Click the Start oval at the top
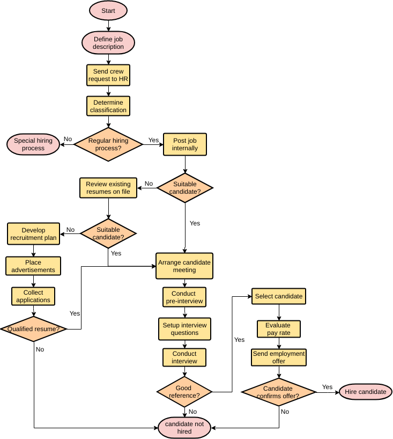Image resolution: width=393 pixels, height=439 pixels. click(108, 11)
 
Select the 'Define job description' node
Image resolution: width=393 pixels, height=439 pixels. click(108, 43)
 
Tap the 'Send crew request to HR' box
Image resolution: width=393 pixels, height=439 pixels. click(108, 75)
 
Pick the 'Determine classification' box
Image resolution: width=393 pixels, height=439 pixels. click(108, 106)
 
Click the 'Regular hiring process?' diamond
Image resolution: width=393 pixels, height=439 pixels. click(108, 144)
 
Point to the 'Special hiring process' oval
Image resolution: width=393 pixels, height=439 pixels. click(33, 144)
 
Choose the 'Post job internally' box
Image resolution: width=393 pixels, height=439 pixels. click(185, 144)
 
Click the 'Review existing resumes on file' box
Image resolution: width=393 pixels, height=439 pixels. click(108, 188)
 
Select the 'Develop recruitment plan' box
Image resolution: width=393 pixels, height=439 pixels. click(33, 234)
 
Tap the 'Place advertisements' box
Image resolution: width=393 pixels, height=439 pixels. click(33, 266)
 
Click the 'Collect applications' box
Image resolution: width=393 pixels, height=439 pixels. click(33, 296)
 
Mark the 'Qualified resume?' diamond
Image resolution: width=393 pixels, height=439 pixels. click(33, 328)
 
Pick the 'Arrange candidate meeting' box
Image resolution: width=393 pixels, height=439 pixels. click(184, 266)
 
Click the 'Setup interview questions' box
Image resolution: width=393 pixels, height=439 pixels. click(184, 329)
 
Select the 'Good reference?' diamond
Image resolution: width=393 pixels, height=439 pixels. click(184, 392)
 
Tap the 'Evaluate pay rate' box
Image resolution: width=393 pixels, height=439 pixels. click(278, 329)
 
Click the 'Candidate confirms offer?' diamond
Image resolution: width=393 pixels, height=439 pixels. click(278, 392)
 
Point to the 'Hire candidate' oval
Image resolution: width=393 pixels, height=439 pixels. click(366, 392)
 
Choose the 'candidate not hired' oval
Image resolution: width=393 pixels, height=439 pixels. click(184, 428)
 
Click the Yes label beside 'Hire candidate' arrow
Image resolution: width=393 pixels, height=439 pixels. click(327, 387)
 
